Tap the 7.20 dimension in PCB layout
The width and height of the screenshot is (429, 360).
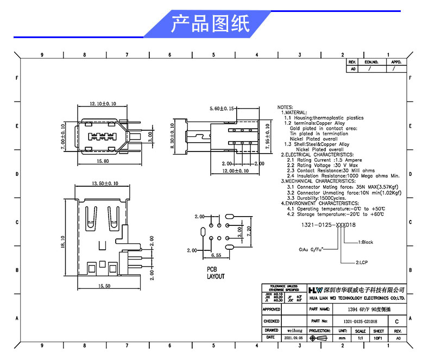(249, 232)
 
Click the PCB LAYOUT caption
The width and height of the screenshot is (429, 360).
(215, 273)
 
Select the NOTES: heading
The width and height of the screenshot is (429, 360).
(286, 108)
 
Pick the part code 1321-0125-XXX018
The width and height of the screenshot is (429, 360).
(329, 225)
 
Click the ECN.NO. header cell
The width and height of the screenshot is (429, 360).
(371, 62)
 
